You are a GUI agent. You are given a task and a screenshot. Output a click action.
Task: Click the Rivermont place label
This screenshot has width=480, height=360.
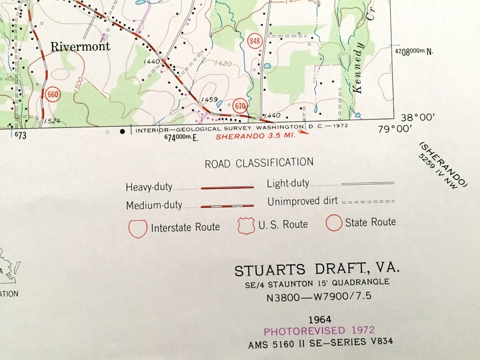(x=81, y=47)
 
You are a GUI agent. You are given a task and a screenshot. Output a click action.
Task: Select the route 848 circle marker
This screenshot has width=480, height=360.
(x=255, y=41)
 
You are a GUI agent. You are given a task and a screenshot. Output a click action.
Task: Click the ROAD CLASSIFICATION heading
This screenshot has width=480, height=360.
(x=259, y=162)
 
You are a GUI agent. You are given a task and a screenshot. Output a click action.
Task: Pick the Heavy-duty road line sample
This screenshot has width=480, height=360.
(x=227, y=188)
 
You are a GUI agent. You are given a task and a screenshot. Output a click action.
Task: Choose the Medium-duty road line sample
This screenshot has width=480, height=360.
(x=227, y=206)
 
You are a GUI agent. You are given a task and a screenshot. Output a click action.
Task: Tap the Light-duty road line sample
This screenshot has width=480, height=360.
(x=368, y=182)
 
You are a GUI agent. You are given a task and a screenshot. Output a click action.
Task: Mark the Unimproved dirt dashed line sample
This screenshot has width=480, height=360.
(x=368, y=201)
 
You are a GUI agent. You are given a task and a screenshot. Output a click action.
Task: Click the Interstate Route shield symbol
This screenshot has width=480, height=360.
(x=138, y=228)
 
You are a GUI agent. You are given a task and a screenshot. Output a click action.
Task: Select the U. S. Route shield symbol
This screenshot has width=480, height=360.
(x=245, y=225)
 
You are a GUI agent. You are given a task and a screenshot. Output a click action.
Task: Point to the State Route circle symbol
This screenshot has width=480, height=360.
(x=334, y=223)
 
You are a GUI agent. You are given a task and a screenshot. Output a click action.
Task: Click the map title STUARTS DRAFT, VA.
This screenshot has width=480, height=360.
(x=317, y=269)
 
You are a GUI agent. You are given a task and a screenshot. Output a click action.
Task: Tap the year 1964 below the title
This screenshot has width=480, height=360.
(x=319, y=318)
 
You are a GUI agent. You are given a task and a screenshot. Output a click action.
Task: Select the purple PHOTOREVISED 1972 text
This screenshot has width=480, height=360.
(x=319, y=330)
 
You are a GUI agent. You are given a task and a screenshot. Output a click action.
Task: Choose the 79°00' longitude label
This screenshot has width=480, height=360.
(x=394, y=128)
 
